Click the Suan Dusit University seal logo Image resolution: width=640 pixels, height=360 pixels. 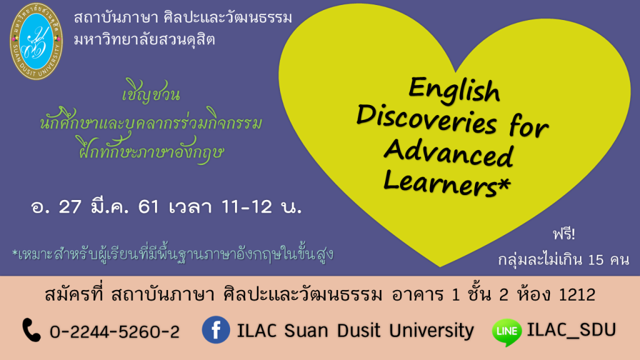(36, 41)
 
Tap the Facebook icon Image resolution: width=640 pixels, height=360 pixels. (216, 330)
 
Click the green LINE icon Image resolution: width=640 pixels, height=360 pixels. (507, 332)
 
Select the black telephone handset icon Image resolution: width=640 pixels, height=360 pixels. (31, 330)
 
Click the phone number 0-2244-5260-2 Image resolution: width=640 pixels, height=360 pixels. (115, 332)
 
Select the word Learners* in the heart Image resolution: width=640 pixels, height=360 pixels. (447, 183)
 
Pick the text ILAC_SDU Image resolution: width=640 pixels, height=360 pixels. (571, 330)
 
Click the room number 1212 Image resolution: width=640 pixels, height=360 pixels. (577, 294)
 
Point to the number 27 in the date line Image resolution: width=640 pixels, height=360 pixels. (70, 206)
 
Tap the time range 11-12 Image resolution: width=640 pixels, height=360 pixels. (246, 206)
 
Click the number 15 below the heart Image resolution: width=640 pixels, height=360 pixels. (596, 259)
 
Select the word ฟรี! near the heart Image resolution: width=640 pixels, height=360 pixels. (564, 234)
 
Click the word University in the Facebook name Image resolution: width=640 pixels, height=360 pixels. (431, 331)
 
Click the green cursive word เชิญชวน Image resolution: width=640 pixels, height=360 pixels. (151, 92)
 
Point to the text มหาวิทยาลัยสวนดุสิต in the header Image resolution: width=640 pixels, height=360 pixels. (144, 39)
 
